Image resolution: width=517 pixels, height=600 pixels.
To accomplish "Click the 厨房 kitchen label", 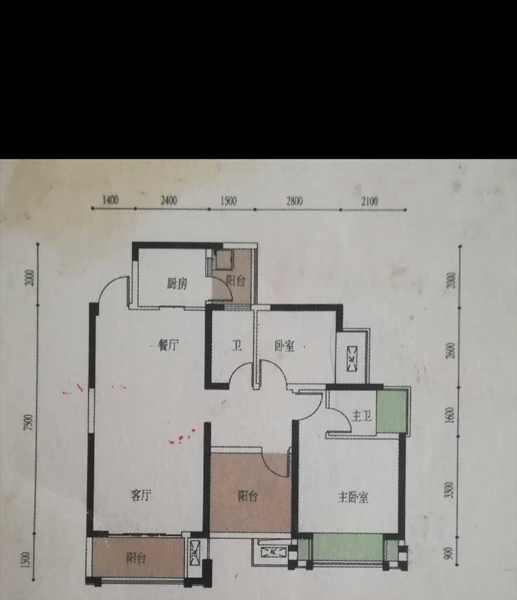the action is (177, 284).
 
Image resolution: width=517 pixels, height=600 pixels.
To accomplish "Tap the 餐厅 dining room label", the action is (168, 345).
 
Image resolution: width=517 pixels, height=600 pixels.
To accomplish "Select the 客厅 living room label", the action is (141, 495).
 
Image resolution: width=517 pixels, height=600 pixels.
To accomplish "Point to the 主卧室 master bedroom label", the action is (353, 497).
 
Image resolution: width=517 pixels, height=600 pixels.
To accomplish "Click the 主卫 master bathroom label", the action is (362, 416).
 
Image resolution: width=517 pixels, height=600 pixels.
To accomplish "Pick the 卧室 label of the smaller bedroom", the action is (285, 346).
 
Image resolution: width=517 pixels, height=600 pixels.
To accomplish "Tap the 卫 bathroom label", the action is (237, 345).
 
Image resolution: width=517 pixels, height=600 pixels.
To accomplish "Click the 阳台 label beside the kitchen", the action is (235, 281).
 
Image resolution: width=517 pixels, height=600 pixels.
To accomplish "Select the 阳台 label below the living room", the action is (136, 558).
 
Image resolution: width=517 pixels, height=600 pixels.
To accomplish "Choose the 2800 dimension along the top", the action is (294, 201).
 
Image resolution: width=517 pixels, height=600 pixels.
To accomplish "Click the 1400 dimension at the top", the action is (111, 200).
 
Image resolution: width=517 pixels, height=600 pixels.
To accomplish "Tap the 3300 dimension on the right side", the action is (450, 490).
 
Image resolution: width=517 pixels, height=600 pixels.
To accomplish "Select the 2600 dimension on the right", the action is (451, 350).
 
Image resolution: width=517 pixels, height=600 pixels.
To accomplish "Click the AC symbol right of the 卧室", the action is (352, 359).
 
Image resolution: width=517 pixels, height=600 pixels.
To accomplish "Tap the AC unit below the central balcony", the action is (273, 552).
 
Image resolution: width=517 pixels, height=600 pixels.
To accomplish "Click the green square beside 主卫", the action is (391, 412).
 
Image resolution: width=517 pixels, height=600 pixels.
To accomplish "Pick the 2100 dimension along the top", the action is (370, 201).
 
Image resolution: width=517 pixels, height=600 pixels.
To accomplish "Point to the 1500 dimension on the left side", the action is (26, 560).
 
